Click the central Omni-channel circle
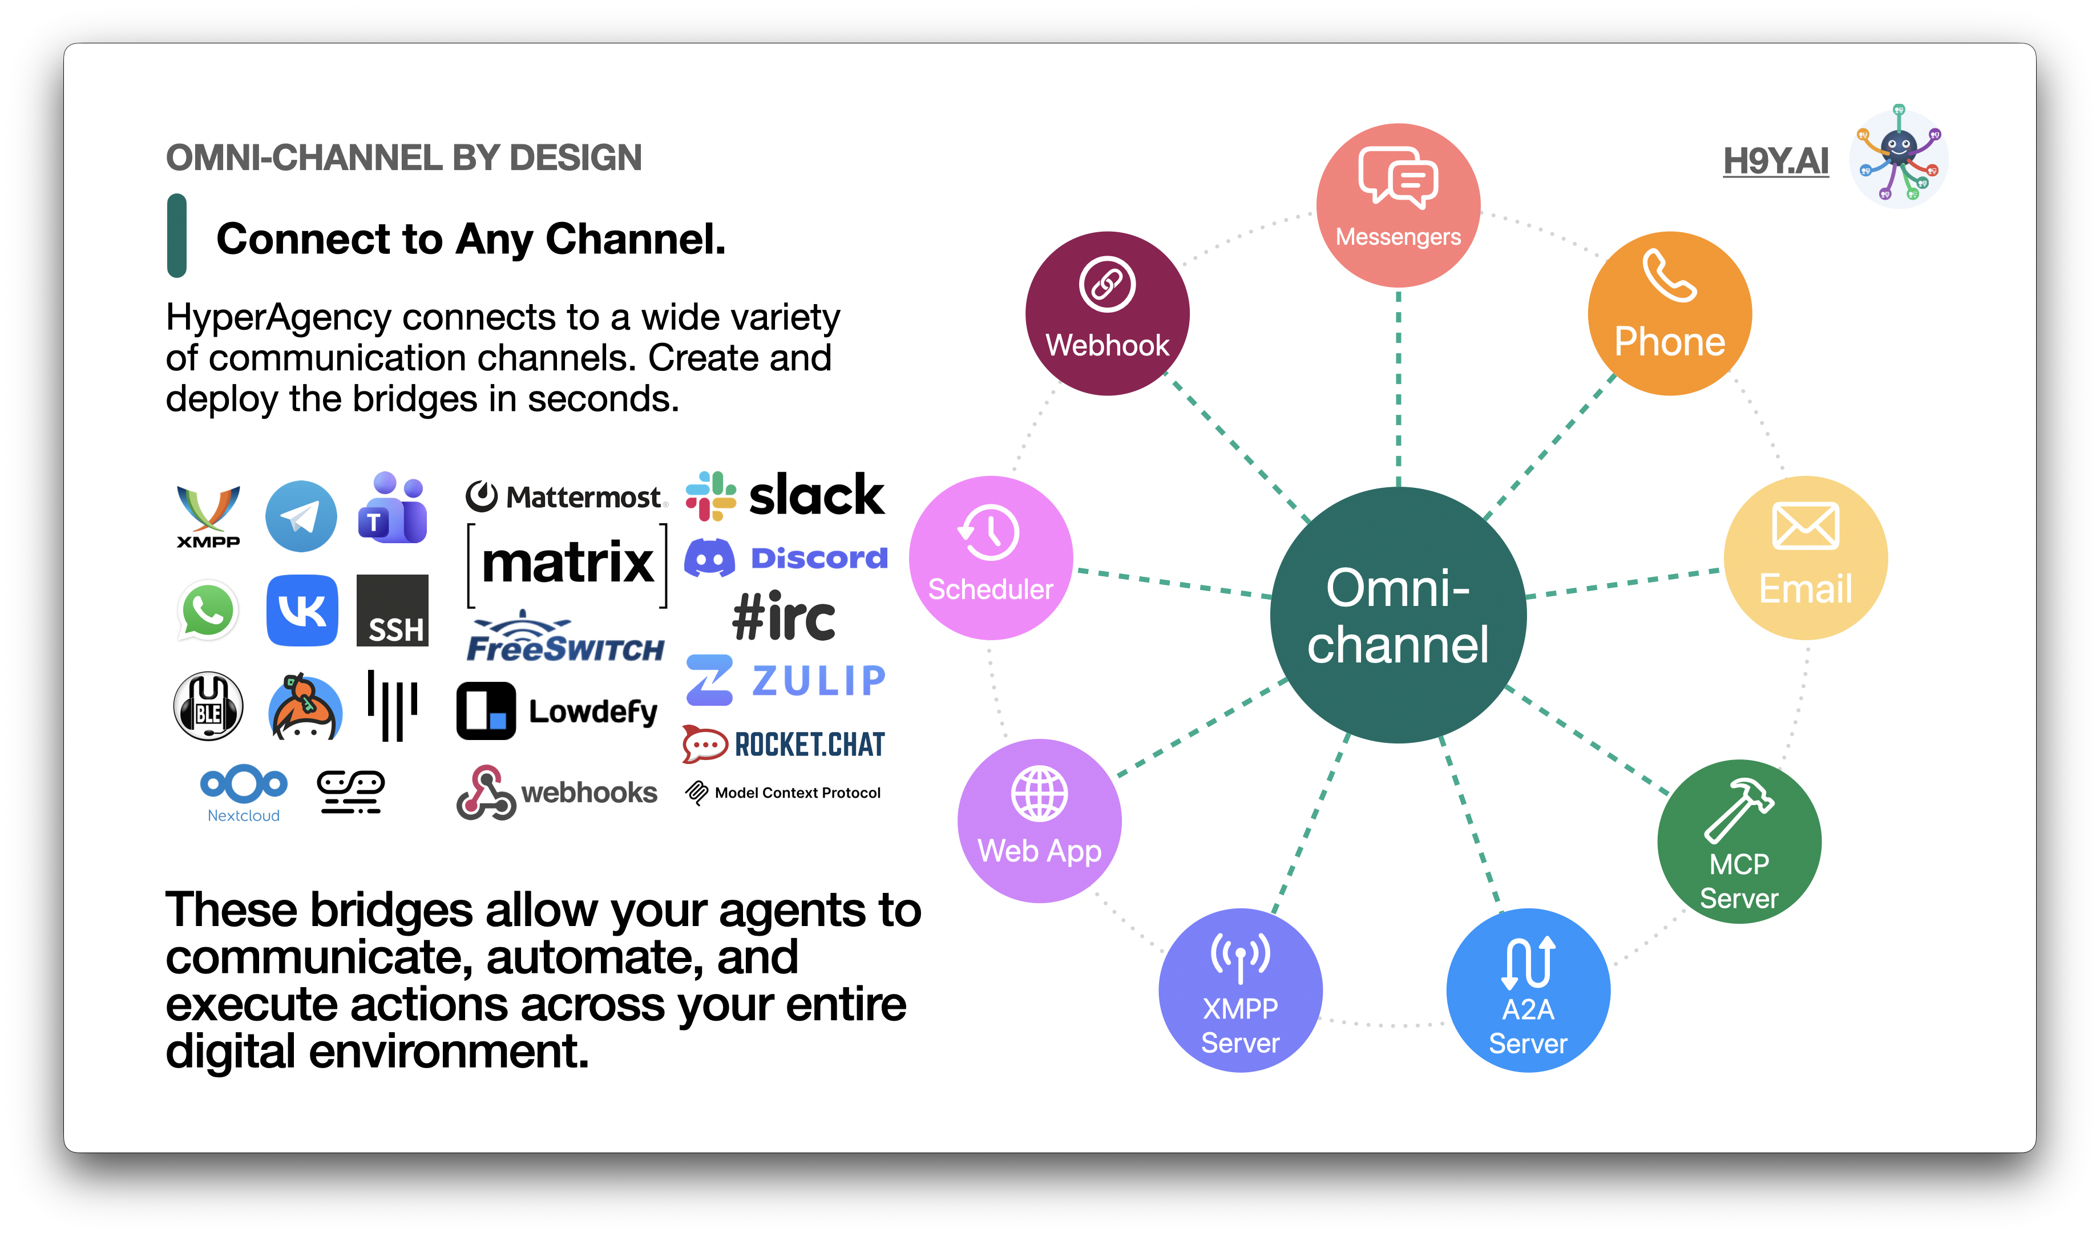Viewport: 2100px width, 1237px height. (x=1398, y=615)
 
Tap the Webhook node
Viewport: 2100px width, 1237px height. (x=1107, y=313)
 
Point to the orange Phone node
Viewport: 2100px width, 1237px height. (x=1669, y=313)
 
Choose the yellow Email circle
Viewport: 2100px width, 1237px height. (x=1805, y=557)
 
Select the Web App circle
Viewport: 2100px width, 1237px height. (x=1040, y=821)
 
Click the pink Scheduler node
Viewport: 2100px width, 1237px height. (x=991, y=557)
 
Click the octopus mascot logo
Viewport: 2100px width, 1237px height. (x=1898, y=157)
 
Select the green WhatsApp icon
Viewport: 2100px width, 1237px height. (x=208, y=610)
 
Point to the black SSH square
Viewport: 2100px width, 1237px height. (x=392, y=610)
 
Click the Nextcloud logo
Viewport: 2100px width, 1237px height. (x=244, y=793)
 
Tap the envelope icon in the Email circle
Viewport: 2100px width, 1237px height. (x=1805, y=526)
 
